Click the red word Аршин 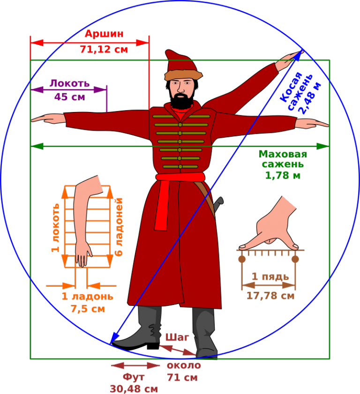pos(104,34)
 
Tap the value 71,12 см pos(104,49)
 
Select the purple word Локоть pos(69,83)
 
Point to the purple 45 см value pos(69,97)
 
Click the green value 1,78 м pos(283,175)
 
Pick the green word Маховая pos(283,155)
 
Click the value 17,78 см pos(270,296)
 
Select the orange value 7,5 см pos(88,309)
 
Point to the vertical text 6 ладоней pos(119,227)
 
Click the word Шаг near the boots pos(177,337)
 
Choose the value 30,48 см pos(134,389)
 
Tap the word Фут pos(134,377)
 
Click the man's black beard pos(181,101)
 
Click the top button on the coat pos(180,116)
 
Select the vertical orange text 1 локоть pos(56,228)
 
